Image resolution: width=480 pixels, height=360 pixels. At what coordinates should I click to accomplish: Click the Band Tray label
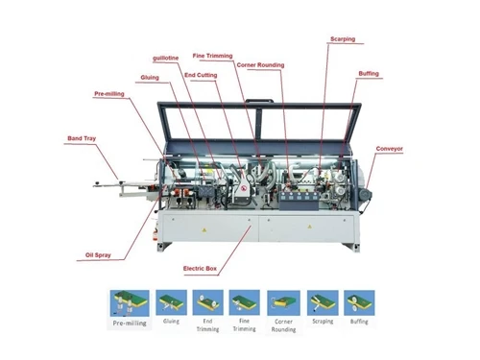click(x=82, y=138)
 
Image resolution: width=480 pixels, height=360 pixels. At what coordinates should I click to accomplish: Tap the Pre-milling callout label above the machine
click(x=109, y=94)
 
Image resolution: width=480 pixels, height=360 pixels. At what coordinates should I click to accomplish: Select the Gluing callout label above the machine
click(x=150, y=78)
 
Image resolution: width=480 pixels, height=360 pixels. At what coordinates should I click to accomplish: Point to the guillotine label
click(x=166, y=59)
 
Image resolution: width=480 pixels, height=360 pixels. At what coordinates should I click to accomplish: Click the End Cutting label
click(x=201, y=75)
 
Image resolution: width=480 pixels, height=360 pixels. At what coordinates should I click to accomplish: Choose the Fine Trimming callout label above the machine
click(x=212, y=56)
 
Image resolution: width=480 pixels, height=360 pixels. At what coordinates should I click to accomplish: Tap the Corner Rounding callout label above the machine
click(x=260, y=65)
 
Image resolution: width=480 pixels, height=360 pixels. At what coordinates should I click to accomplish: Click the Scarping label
click(x=343, y=39)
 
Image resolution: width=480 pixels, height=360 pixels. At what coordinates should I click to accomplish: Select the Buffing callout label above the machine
click(x=369, y=74)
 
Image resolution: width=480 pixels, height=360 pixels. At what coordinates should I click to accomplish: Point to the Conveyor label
click(x=390, y=149)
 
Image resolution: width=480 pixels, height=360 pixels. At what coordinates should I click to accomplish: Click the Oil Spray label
click(x=98, y=255)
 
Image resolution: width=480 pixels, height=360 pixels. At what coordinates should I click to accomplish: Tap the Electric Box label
click(x=200, y=269)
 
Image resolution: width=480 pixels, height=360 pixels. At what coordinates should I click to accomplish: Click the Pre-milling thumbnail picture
click(x=130, y=303)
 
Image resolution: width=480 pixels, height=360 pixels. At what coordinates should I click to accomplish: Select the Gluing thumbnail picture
click(x=171, y=302)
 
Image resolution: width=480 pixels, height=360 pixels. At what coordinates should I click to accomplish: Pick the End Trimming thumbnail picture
click(x=208, y=302)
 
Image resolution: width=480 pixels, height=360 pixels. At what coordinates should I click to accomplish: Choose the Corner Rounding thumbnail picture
click(x=283, y=303)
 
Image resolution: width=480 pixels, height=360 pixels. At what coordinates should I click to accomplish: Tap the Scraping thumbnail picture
click(x=323, y=303)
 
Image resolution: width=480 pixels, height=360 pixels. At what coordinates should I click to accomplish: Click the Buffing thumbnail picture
click(x=359, y=303)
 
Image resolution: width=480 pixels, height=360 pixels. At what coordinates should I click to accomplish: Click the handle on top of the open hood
click(x=260, y=101)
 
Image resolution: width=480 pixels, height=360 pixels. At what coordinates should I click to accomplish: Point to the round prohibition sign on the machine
click(x=244, y=189)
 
